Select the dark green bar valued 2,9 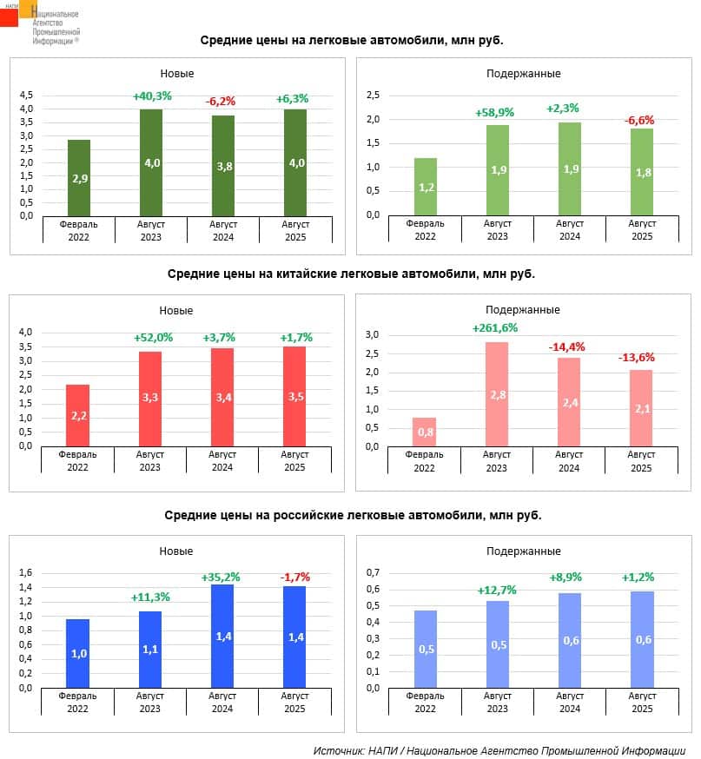pos(79,178)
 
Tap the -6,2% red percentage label pos(223,101)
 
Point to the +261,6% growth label pos(495,328)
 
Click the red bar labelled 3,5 pos(295,396)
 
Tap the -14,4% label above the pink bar pos(567,346)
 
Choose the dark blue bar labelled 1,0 pos(78,652)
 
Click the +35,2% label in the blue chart pos(222,577)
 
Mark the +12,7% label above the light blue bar pos(497,591)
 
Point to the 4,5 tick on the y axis pos(26,95)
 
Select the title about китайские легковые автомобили pos(351,274)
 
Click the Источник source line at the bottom pos(499,749)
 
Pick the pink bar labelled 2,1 pos(641,408)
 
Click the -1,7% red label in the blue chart pos(295,577)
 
